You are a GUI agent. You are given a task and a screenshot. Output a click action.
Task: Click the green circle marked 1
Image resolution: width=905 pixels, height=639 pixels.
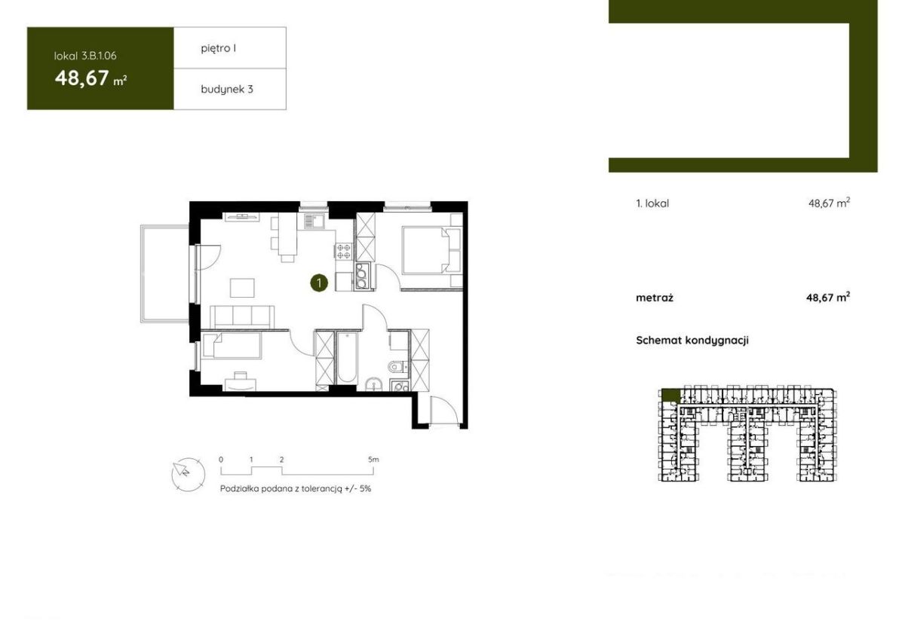pos(319,283)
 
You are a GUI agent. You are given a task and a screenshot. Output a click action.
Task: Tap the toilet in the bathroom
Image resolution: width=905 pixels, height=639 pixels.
pos(398,367)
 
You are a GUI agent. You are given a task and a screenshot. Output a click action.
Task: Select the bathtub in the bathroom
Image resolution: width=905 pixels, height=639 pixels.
pos(347,358)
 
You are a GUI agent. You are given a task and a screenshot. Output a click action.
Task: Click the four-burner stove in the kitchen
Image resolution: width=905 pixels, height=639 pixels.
pos(344,251)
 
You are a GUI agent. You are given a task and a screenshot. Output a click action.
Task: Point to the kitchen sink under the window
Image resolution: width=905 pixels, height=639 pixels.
pos(314,222)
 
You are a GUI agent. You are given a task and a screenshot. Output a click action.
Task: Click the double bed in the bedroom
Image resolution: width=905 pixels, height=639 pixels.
pos(431,250)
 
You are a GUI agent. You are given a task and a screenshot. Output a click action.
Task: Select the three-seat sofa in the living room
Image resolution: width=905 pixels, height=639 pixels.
pos(242,317)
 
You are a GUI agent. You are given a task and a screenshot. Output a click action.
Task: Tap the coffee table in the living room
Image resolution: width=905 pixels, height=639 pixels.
pos(242,288)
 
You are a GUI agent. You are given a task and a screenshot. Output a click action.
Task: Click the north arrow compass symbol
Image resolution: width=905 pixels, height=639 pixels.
pos(188,474)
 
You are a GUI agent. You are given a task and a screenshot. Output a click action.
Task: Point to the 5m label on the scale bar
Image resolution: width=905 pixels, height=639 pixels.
pos(373,460)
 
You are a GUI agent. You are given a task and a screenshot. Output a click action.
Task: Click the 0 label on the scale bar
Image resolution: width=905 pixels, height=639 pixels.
pos(220,460)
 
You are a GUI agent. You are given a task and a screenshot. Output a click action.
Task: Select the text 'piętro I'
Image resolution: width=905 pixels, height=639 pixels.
pos(218,48)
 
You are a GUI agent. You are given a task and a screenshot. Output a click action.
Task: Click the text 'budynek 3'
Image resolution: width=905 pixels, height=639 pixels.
pos(227,89)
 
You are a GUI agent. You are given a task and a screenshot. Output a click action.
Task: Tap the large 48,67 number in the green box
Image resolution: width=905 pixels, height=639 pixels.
pos(82,78)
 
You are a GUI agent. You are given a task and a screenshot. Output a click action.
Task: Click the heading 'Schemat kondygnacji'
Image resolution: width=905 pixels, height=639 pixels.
pos(692,341)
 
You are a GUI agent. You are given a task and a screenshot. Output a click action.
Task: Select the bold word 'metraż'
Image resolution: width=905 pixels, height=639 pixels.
pos(655,298)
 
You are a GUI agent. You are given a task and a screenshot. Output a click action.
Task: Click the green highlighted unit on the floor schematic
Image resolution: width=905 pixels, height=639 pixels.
pos(670,395)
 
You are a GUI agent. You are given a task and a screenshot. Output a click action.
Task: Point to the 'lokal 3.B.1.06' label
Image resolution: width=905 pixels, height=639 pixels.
pos(85,56)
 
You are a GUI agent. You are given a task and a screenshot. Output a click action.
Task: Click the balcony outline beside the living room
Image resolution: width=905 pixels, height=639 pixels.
pos(165,274)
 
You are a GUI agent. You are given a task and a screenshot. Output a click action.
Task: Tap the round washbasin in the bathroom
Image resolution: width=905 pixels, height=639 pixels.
pos(373,385)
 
